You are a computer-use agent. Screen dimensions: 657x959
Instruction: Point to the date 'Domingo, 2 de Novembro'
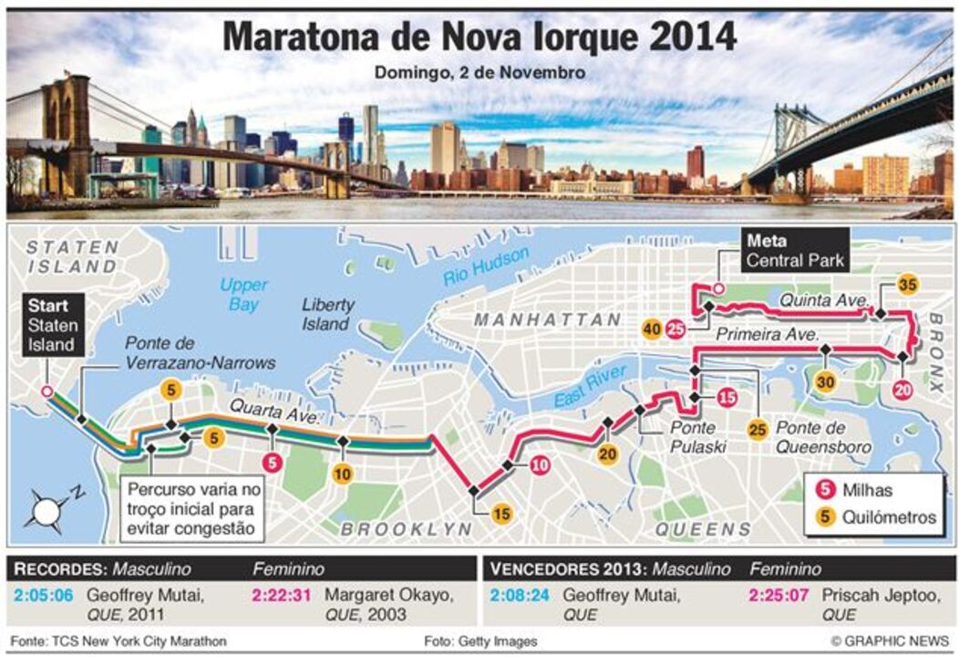[x=479, y=71]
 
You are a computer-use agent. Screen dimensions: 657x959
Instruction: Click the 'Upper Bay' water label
[x=243, y=295]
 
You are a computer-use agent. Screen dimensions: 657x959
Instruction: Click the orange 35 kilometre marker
[x=906, y=284]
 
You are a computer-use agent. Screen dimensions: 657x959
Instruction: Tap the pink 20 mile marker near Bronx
[x=902, y=390]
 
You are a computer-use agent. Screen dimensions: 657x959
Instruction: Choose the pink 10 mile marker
[x=540, y=465]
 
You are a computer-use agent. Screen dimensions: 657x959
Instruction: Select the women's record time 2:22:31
[x=281, y=596]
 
